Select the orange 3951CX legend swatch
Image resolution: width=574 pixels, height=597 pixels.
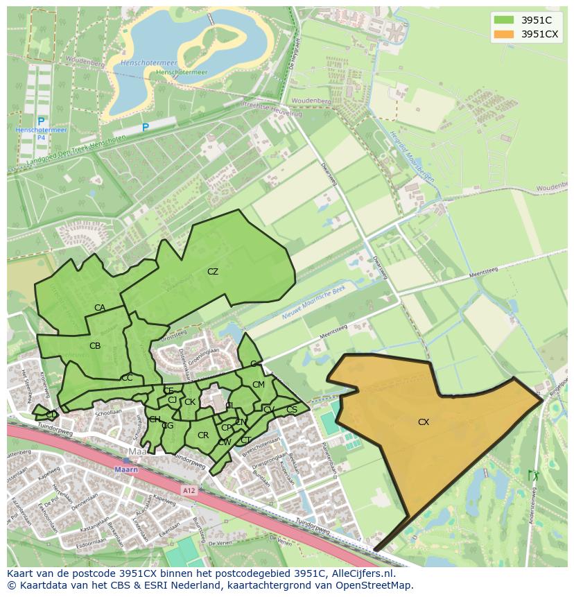pos(504,34)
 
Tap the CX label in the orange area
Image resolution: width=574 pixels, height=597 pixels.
pos(423,422)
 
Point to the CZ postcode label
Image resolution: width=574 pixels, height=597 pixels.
pos(213,272)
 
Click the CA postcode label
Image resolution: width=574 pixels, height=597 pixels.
pos(100,308)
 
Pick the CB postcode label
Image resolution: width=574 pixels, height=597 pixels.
pos(95,345)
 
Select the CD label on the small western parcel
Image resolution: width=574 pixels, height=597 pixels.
pos(51,415)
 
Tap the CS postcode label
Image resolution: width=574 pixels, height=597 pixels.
pos(291,410)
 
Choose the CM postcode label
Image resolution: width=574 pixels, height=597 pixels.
pos(258,385)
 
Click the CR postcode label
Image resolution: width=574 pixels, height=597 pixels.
pos(203,435)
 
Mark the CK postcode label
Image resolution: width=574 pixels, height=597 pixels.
pos(189,401)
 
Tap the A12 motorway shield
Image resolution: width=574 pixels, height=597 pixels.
pos(189,490)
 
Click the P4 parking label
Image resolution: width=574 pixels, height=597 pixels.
pos(41,137)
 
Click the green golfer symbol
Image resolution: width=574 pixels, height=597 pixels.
pos(532,476)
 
